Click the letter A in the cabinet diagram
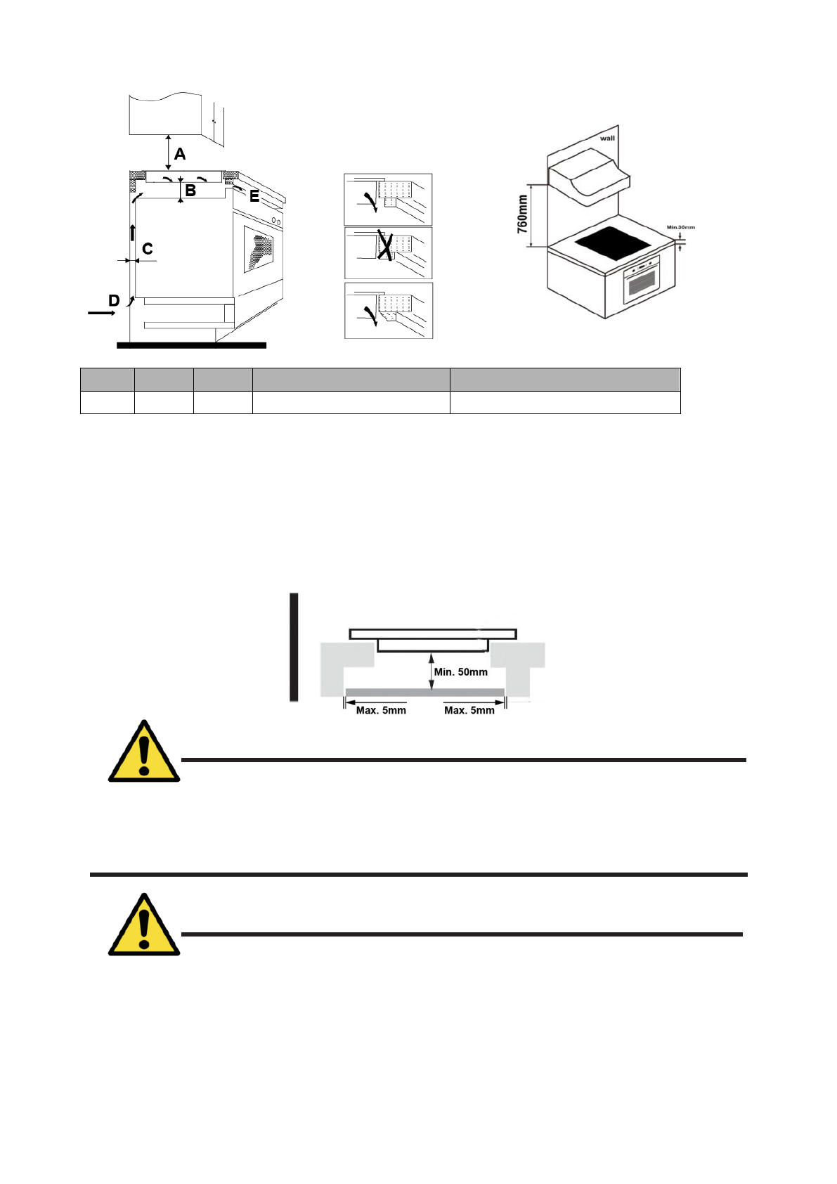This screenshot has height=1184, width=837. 180,153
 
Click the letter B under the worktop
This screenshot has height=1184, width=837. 190,191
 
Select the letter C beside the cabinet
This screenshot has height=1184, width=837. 148,249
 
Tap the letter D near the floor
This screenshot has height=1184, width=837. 114,301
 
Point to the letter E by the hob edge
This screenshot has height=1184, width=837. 254,198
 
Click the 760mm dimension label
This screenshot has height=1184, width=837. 522,215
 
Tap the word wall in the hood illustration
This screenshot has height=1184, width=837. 607,138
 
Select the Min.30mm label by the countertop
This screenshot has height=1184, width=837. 680,227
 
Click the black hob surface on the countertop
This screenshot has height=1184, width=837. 614,243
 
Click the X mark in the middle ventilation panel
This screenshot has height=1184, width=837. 384,245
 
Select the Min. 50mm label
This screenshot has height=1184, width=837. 461,672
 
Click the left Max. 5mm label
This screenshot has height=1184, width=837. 381,710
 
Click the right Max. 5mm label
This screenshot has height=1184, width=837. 469,710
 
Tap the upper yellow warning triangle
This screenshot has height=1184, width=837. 144,752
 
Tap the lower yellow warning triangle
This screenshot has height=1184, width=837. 144,926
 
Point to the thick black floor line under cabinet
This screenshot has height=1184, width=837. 191,345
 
